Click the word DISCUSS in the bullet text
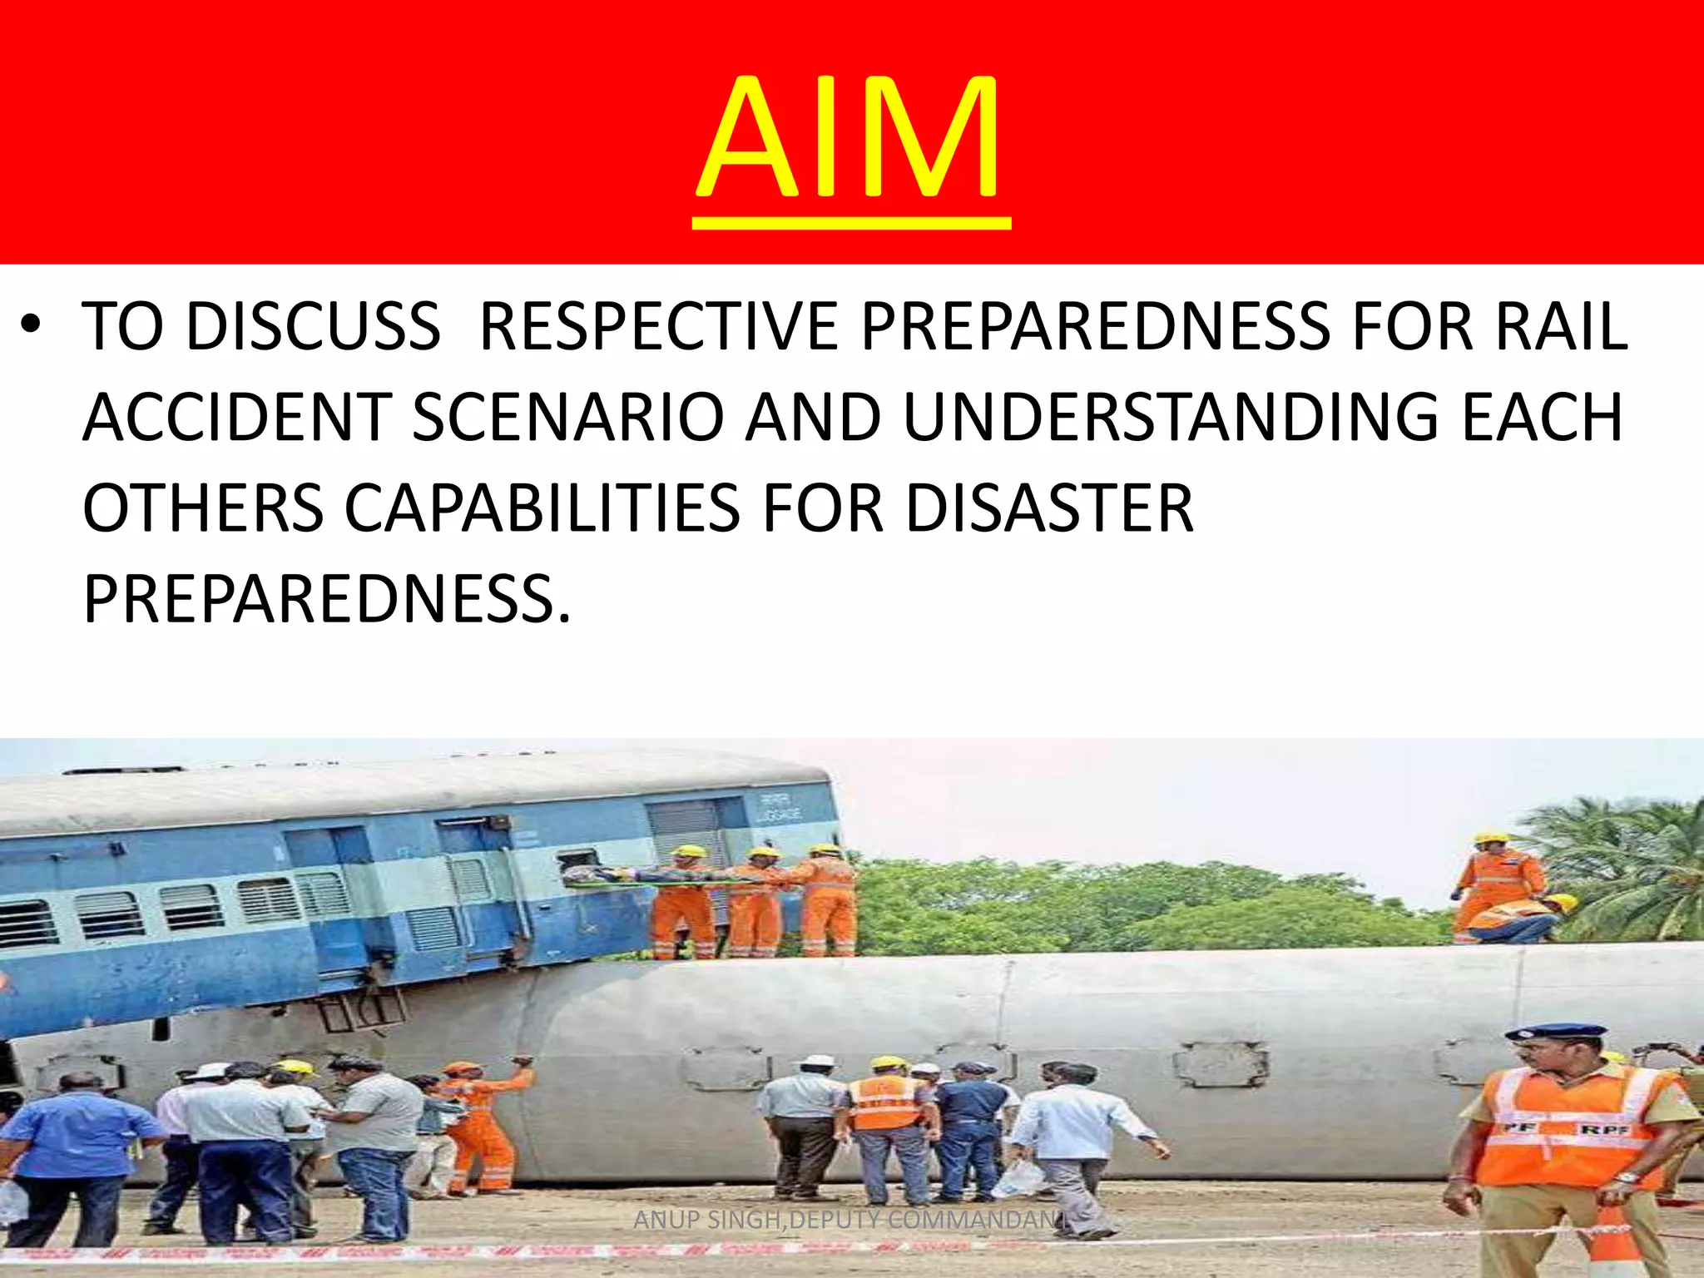click(x=313, y=326)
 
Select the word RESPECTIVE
click(x=657, y=326)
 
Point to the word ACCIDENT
click(x=236, y=417)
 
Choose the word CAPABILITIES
click(x=542, y=508)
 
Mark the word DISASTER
click(x=1049, y=508)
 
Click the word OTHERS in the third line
click(x=203, y=508)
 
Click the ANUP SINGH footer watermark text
click(x=849, y=1220)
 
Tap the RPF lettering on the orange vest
click(x=1598, y=1129)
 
